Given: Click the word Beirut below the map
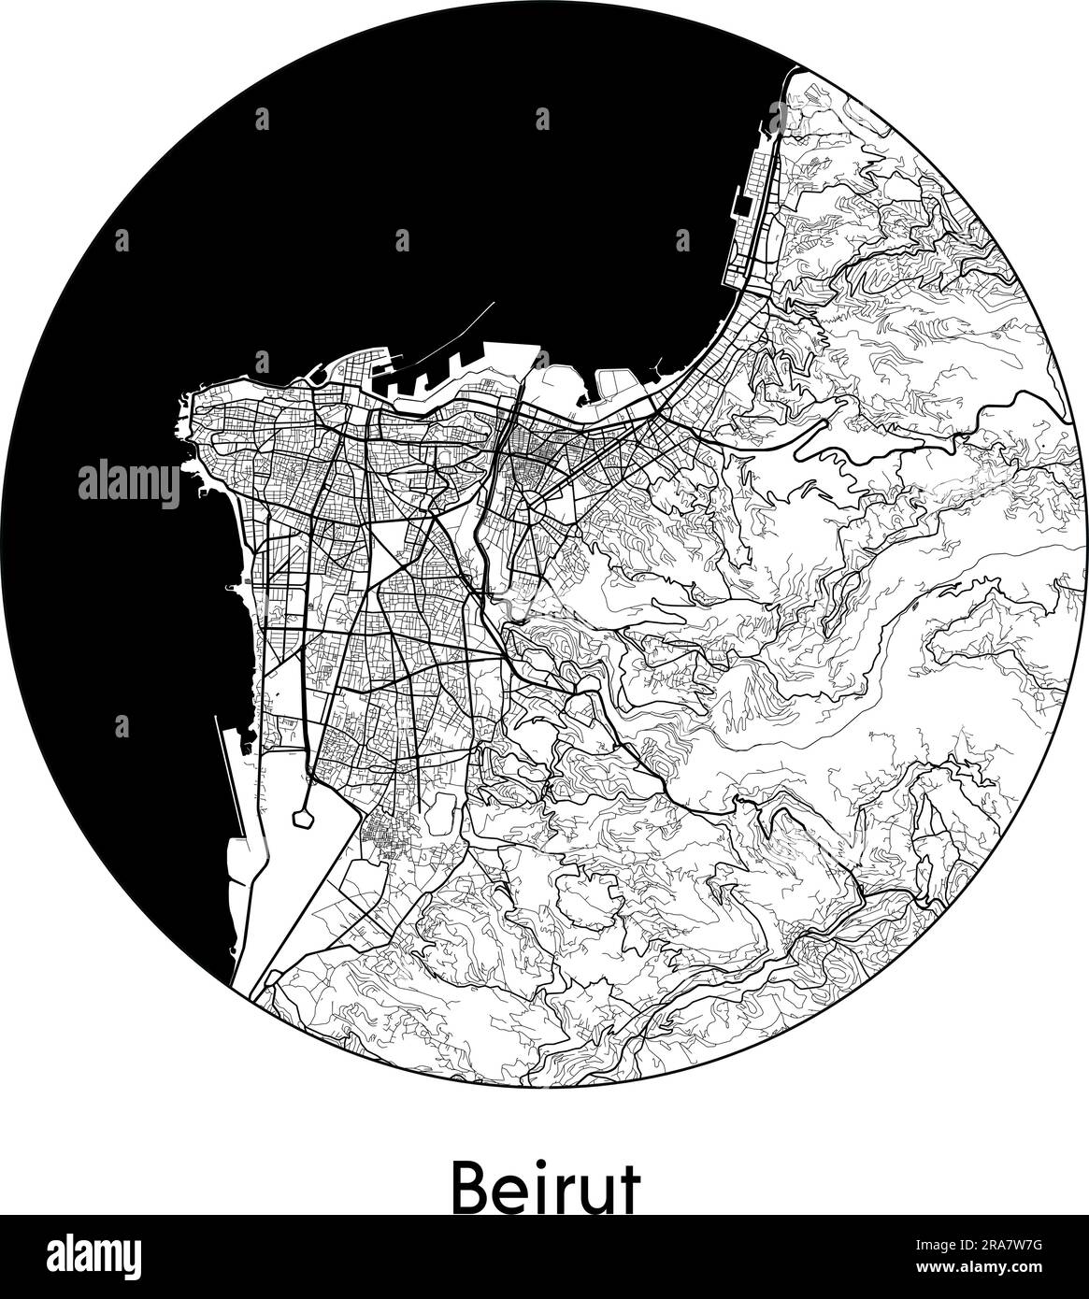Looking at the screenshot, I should coord(545,1188).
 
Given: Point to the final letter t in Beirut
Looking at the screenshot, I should coord(629,1189).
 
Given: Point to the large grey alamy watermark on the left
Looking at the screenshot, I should coord(129,484).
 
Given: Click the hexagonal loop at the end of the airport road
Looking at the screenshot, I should coord(302,818).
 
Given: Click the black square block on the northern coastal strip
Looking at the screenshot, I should coord(743,205).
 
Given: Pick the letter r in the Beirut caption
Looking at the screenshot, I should coord(565,1193).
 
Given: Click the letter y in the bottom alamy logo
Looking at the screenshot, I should coord(132,1259).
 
